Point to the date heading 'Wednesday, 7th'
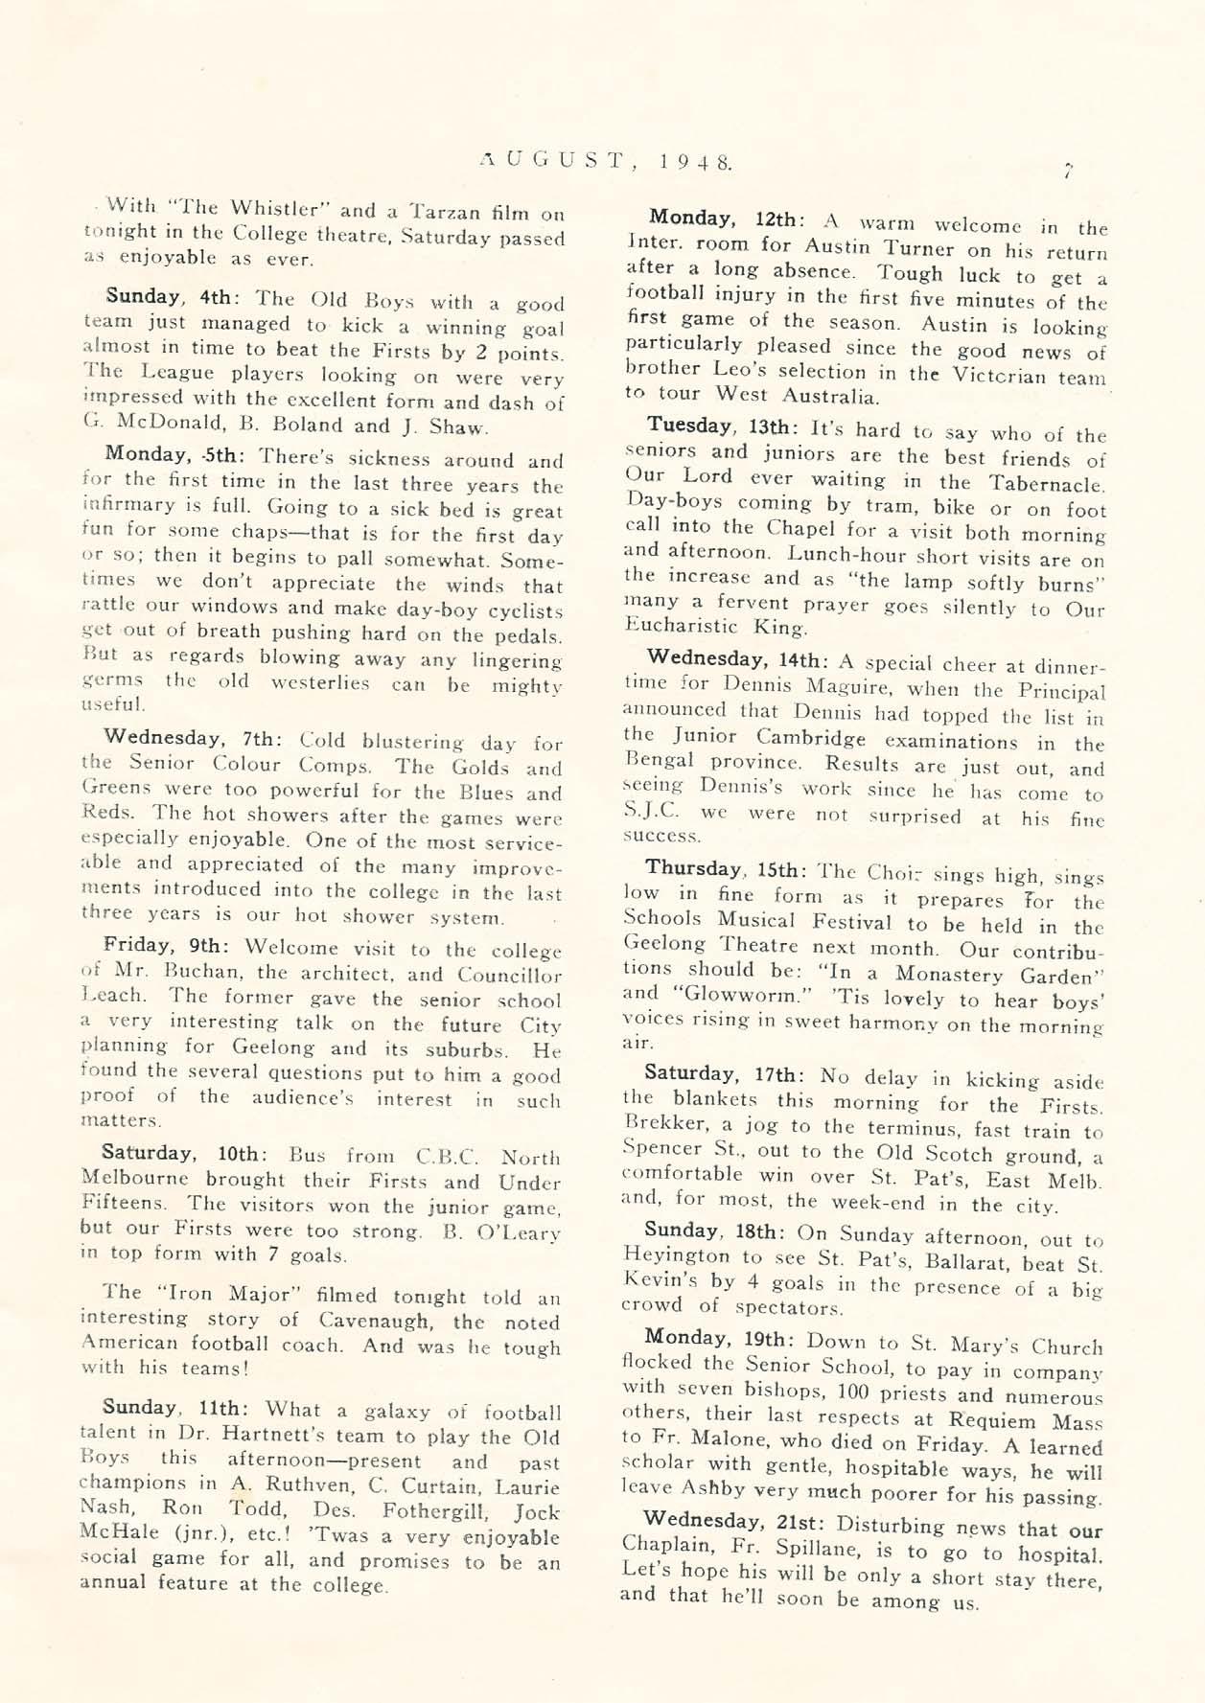[190, 738]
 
